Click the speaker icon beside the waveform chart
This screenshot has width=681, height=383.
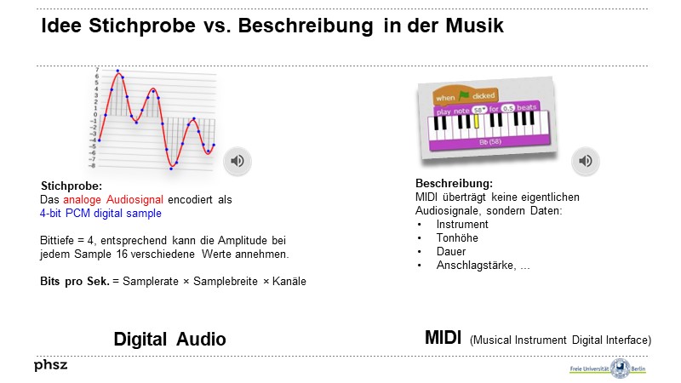[x=237, y=160]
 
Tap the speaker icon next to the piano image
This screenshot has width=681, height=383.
[x=585, y=160]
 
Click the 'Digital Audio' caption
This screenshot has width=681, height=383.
[x=169, y=339]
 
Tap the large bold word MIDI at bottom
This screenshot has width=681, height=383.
[x=443, y=338]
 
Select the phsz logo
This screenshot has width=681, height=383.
[x=50, y=365]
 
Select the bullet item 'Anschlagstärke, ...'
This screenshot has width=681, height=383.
[x=483, y=266]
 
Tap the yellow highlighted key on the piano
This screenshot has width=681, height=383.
[x=477, y=123]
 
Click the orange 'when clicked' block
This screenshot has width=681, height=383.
[x=465, y=96]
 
